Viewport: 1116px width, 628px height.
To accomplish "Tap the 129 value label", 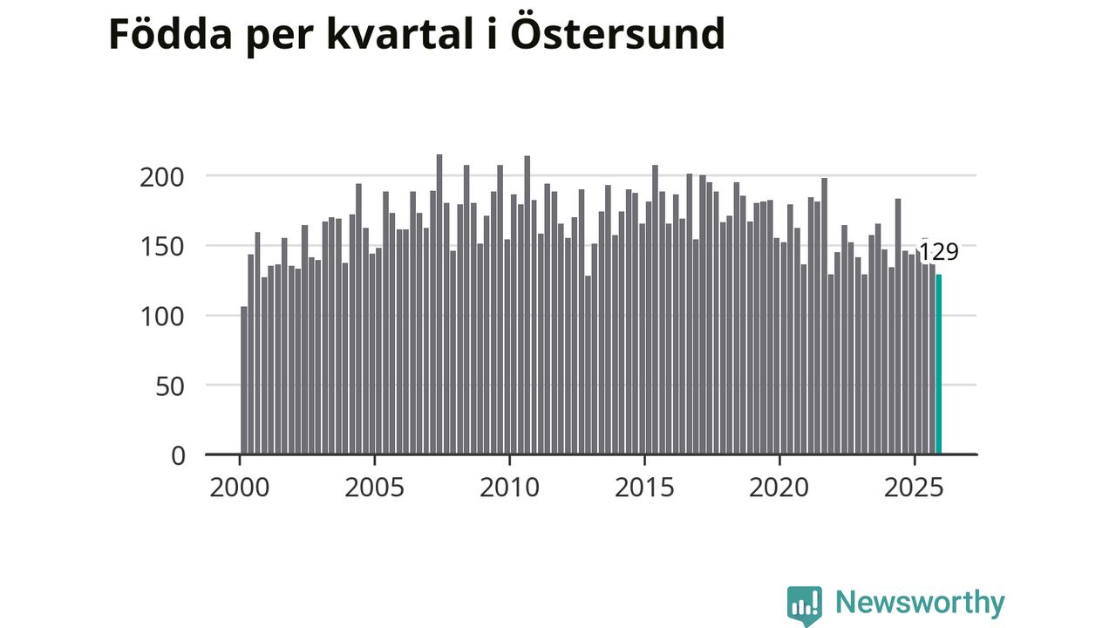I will (939, 252).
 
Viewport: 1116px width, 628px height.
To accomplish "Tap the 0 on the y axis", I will (178, 455).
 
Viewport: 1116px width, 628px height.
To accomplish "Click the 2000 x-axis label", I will (240, 487).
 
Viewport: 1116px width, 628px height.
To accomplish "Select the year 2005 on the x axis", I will (375, 487).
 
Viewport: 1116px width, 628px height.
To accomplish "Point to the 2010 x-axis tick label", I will (509, 487).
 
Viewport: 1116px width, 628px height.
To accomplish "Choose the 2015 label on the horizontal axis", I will (644, 487).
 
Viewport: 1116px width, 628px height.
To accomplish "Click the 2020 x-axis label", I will (779, 487).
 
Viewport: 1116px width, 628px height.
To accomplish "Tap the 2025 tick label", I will (914, 487).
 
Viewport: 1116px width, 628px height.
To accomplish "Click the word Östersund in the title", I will (616, 35).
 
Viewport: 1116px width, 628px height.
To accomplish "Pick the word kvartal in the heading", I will (399, 35).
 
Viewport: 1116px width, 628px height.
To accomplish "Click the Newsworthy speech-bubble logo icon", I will (804, 604).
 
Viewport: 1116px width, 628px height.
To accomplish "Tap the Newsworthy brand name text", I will (920, 603).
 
